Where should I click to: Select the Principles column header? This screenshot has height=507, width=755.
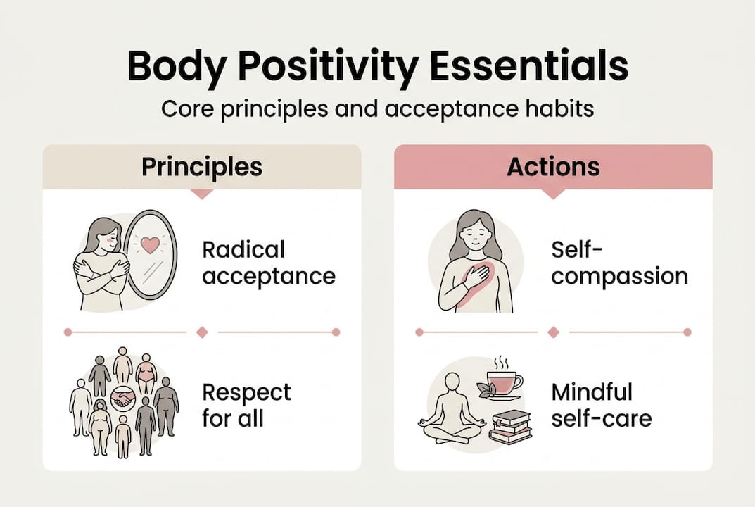coord(202,167)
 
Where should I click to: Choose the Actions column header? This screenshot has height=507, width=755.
coord(553,167)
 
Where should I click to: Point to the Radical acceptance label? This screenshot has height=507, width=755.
coord(268,263)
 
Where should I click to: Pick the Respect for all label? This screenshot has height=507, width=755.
coord(246,405)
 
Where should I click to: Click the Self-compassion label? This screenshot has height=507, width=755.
coord(619,263)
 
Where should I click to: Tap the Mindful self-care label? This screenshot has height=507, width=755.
coord(602,405)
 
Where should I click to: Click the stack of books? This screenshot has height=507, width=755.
coord(510,425)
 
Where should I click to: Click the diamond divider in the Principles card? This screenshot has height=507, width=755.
coord(202,332)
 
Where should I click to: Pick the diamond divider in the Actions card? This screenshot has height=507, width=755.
coord(553,332)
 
